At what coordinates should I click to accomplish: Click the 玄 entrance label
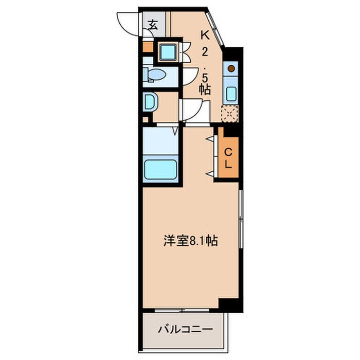[153, 24]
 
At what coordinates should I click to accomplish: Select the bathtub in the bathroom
[160, 169]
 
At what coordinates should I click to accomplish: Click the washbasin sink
[150, 102]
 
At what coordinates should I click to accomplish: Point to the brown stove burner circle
[231, 68]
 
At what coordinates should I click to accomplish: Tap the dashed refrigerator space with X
[229, 113]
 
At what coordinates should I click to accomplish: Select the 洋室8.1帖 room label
[190, 242]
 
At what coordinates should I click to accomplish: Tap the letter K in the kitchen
[205, 35]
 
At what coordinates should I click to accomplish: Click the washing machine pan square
[167, 51]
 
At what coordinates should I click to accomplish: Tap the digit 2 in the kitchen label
[205, 52]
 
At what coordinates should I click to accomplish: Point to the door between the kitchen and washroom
[195, 110]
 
